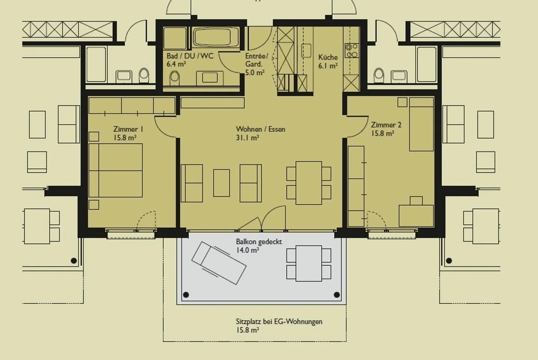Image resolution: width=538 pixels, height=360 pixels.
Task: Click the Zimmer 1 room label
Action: (x=128, y=129)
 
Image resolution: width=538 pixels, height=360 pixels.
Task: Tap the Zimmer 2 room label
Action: (x=386, y=125)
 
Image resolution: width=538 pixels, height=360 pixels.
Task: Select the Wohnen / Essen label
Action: (x=260, y=129)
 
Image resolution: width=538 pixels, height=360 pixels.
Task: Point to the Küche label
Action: (x=328, y=57)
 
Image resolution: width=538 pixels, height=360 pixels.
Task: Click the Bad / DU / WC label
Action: (x=190, y=56)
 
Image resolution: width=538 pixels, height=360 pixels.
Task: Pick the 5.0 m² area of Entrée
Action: (x=255, y=73)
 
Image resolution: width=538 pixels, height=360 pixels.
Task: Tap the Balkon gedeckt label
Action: (x=259, y=242)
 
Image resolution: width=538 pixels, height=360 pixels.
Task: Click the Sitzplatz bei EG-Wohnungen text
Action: (x=279, y=321)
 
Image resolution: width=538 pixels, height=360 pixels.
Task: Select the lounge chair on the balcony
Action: (x=219, y=263)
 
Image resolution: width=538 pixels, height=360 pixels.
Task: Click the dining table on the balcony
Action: (x=309, y=263)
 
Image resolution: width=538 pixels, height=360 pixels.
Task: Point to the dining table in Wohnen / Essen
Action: (x=309, y=183)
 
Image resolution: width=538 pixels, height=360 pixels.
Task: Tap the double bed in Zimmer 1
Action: (x=116, y=170)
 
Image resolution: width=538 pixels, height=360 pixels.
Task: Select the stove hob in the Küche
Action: (x=351, y=51)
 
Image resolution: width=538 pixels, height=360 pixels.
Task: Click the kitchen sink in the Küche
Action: (x=306, y=50)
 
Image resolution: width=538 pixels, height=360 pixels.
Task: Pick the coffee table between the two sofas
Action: (x=222, y=183)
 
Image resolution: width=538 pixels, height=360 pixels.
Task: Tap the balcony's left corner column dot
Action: (x=186, y=295)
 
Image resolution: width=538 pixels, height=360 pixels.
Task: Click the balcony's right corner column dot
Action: (x=337, y=295)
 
